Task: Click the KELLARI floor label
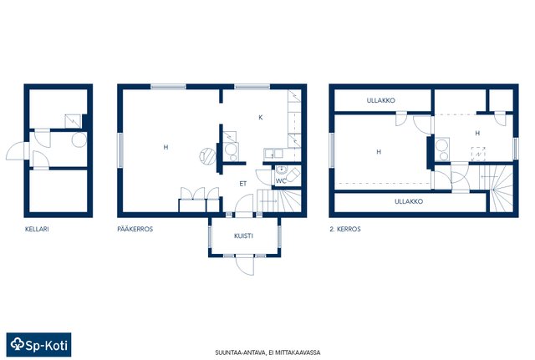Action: (37, 229)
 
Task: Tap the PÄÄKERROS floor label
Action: (135, 229)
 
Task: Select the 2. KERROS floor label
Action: (345, 229)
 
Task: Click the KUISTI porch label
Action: (243, 236)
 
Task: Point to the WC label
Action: (281, 181)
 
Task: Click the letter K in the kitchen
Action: (261, 118)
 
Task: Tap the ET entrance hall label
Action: (243, 184)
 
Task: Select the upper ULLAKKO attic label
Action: (381, 100)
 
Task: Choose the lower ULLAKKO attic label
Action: (409, 201)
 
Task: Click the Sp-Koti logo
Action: (39, 345)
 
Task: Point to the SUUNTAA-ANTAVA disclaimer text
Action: (267, 352)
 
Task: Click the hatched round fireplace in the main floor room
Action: (208, 156)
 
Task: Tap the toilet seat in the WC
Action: (293, 175)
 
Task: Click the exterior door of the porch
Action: (245, 265)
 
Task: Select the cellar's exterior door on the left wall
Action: (17, 151)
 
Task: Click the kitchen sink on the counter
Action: (273, 154)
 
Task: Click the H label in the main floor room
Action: (166, 147)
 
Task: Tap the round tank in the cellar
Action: (79, 139)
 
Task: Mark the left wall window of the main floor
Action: (120, 150)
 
